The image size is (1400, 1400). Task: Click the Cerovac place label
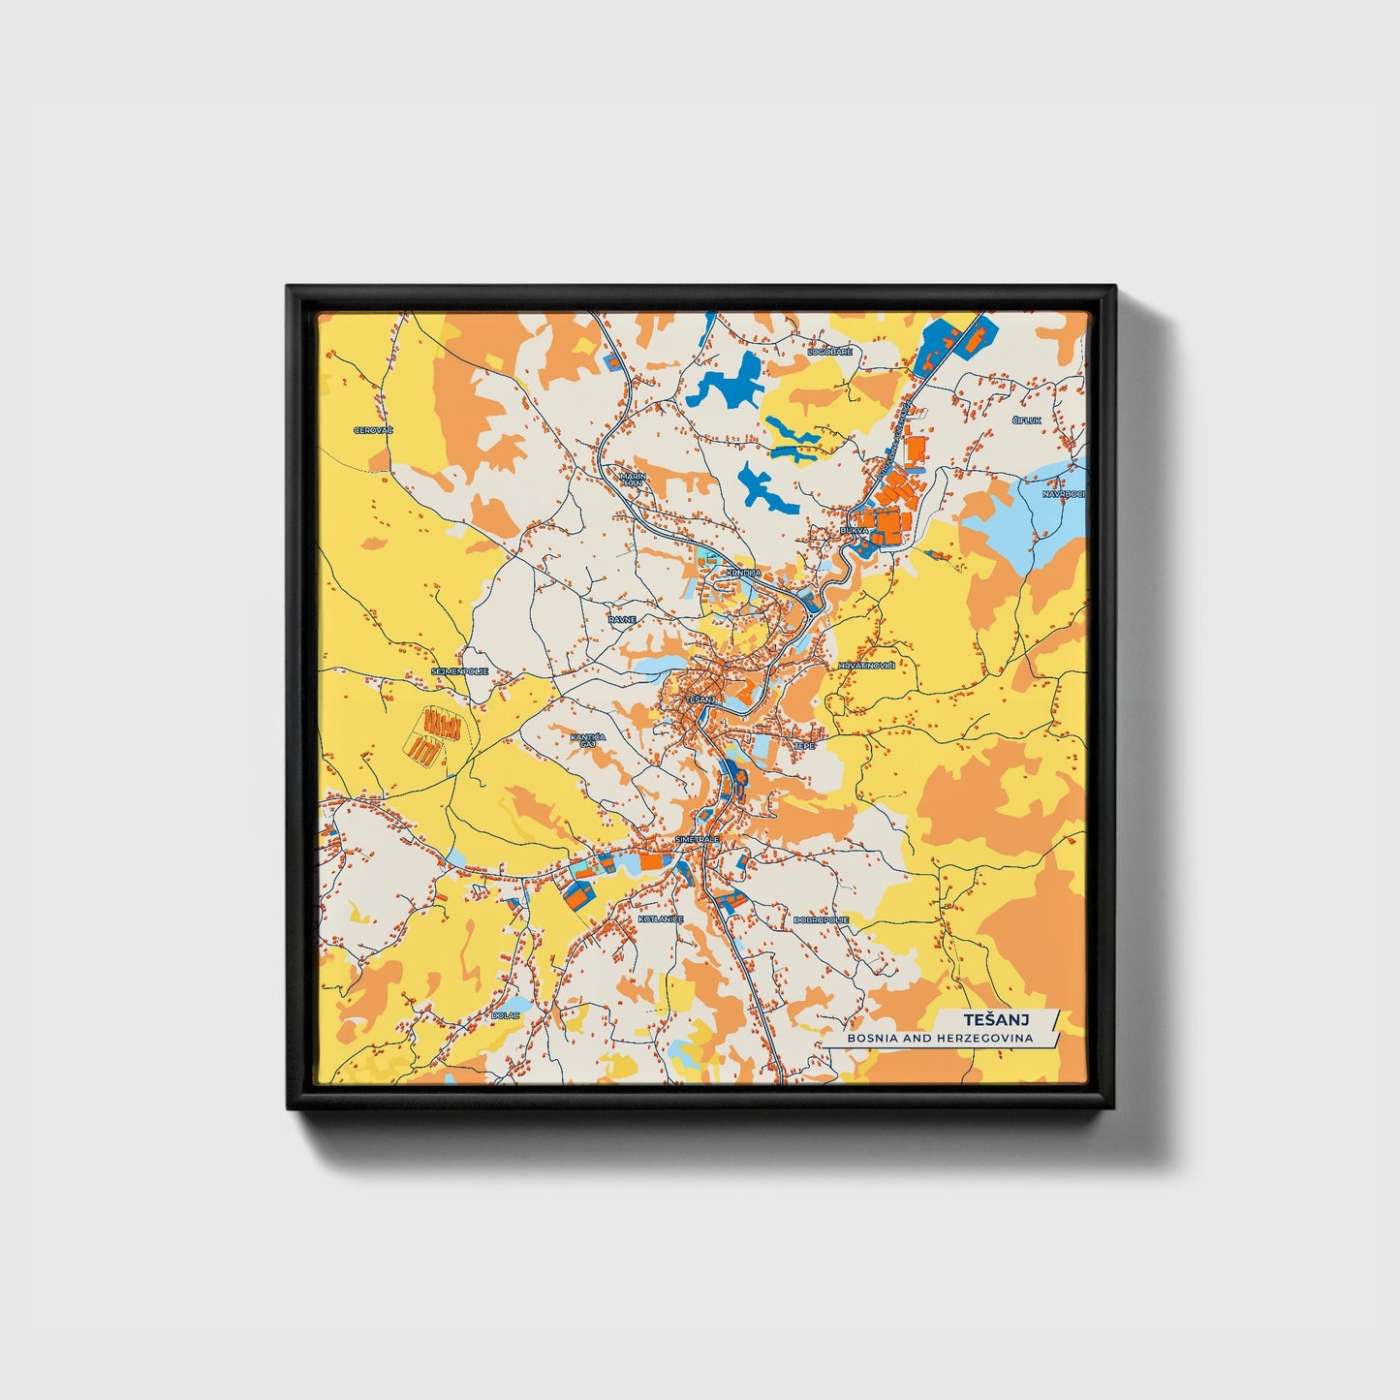(x=373, y=430)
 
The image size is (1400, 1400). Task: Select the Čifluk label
(x=1026, y=420)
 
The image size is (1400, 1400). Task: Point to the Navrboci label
(x=1063, y=494)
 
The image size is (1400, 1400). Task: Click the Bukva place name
(x=855, y=531)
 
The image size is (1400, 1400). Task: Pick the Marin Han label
(x=633, y=480)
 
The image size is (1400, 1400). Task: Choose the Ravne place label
(x=622, y=618)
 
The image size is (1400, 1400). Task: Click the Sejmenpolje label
(x=459, y=670)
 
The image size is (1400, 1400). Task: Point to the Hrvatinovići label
(x=866, y=666)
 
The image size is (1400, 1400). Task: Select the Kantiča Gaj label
(x=588, y=740)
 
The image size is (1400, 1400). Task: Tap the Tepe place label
(x=804, y=746)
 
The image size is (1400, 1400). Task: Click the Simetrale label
(x=698, y=839)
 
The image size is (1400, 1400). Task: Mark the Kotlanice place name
(x=661, y=918)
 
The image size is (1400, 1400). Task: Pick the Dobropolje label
(x=821, y=919)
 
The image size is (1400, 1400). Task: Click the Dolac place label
(x=506, y=1015)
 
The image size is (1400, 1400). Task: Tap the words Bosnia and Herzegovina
(x=940, y=1038)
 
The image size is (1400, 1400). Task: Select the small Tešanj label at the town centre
(x=700, y=699)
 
